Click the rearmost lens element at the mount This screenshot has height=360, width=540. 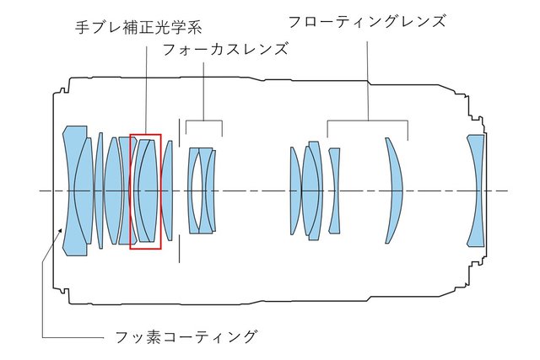point(476,191)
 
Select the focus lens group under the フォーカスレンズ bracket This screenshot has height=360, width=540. point(202,191)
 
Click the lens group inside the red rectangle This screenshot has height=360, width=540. point(145,191)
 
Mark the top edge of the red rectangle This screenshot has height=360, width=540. point(145,133)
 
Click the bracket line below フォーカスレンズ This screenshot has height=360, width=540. point(203,121)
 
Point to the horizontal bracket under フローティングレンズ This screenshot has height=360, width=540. point(367,120)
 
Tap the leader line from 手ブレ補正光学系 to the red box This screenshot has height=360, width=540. point(145,84)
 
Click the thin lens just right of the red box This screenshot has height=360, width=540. point(168,191)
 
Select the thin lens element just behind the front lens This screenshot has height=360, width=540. point(99,191)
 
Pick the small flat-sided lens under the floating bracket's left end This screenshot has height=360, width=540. point(334,191)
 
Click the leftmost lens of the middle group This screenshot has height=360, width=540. point(295,191)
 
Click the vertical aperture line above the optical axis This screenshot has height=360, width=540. point(180,152)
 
